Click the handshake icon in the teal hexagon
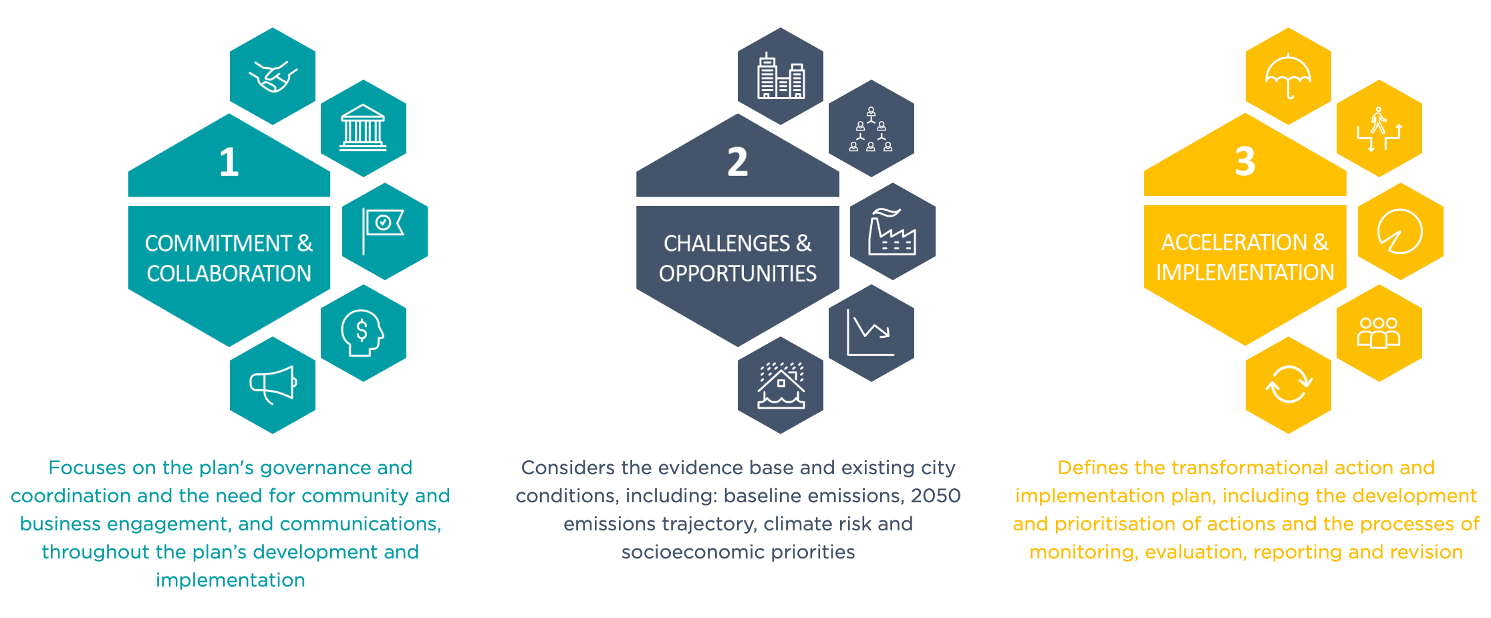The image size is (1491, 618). click(273, 76)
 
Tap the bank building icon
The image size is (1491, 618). click(363, 128)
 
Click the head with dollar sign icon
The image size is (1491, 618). click(362, 333)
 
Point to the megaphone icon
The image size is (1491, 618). click(273, 385)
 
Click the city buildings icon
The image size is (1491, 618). click(781, 76)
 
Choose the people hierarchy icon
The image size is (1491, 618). click(871, 129)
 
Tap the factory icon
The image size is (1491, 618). click(892, 231)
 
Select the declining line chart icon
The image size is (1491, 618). click(870, 332)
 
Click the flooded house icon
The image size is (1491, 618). click(781, 385)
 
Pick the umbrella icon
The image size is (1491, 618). click(1288, 76)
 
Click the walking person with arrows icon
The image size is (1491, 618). click(1379, 129)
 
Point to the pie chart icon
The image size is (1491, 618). click(1399, 231)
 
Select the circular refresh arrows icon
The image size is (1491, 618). click(1289, 385)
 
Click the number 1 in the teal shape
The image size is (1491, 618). click(229, 162)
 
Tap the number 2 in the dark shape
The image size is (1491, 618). click(737, 162)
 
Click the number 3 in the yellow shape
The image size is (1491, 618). click(1245, 161)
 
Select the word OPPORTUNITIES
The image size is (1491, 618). click(738, 274)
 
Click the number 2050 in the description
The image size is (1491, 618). click(936, 496)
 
